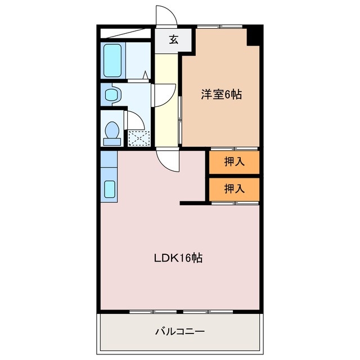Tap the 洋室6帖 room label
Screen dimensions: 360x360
(x=222, y=94)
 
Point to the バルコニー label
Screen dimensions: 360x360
(x=180, y=331)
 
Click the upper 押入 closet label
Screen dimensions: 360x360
(x=235, y=162)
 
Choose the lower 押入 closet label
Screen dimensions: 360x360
(x=235, y=188)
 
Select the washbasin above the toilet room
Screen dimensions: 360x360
(x=112, y=94)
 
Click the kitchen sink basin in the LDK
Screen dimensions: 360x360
(x=109, y=188)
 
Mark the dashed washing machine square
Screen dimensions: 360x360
(x=137, y=138)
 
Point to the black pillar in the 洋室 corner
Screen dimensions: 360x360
(x=254, y=36)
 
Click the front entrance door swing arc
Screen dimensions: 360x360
(x=167, y=17)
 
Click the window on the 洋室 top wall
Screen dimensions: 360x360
(x=219, y=26)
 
